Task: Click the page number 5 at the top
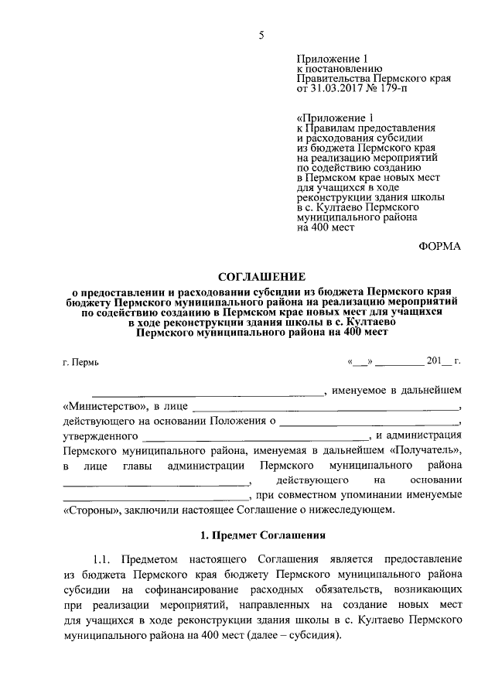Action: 261,35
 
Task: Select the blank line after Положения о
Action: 370,422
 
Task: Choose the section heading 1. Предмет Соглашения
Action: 262,535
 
